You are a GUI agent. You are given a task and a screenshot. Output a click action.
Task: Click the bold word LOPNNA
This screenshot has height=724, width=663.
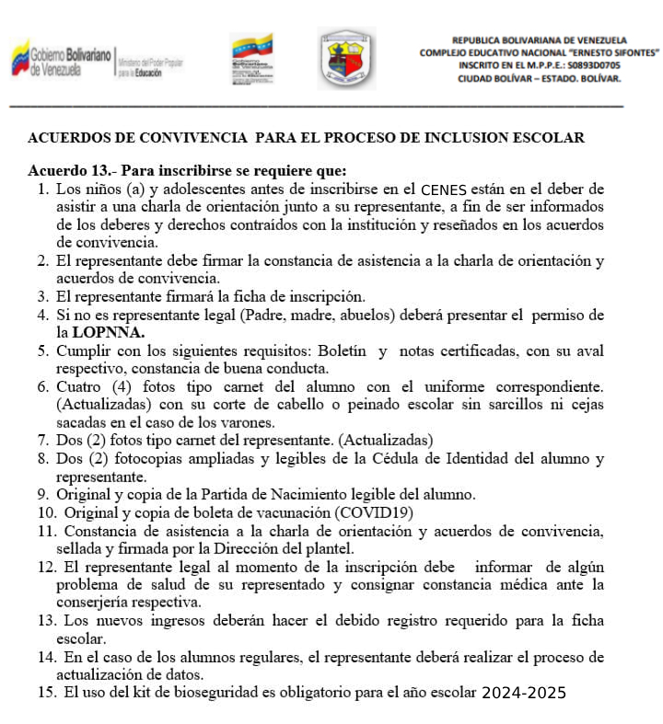[x=113, y=331]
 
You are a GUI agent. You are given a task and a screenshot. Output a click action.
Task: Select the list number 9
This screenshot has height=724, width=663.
[x=42, y=494]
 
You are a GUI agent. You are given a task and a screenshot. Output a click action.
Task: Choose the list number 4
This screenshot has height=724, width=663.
[x=42, y=315]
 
